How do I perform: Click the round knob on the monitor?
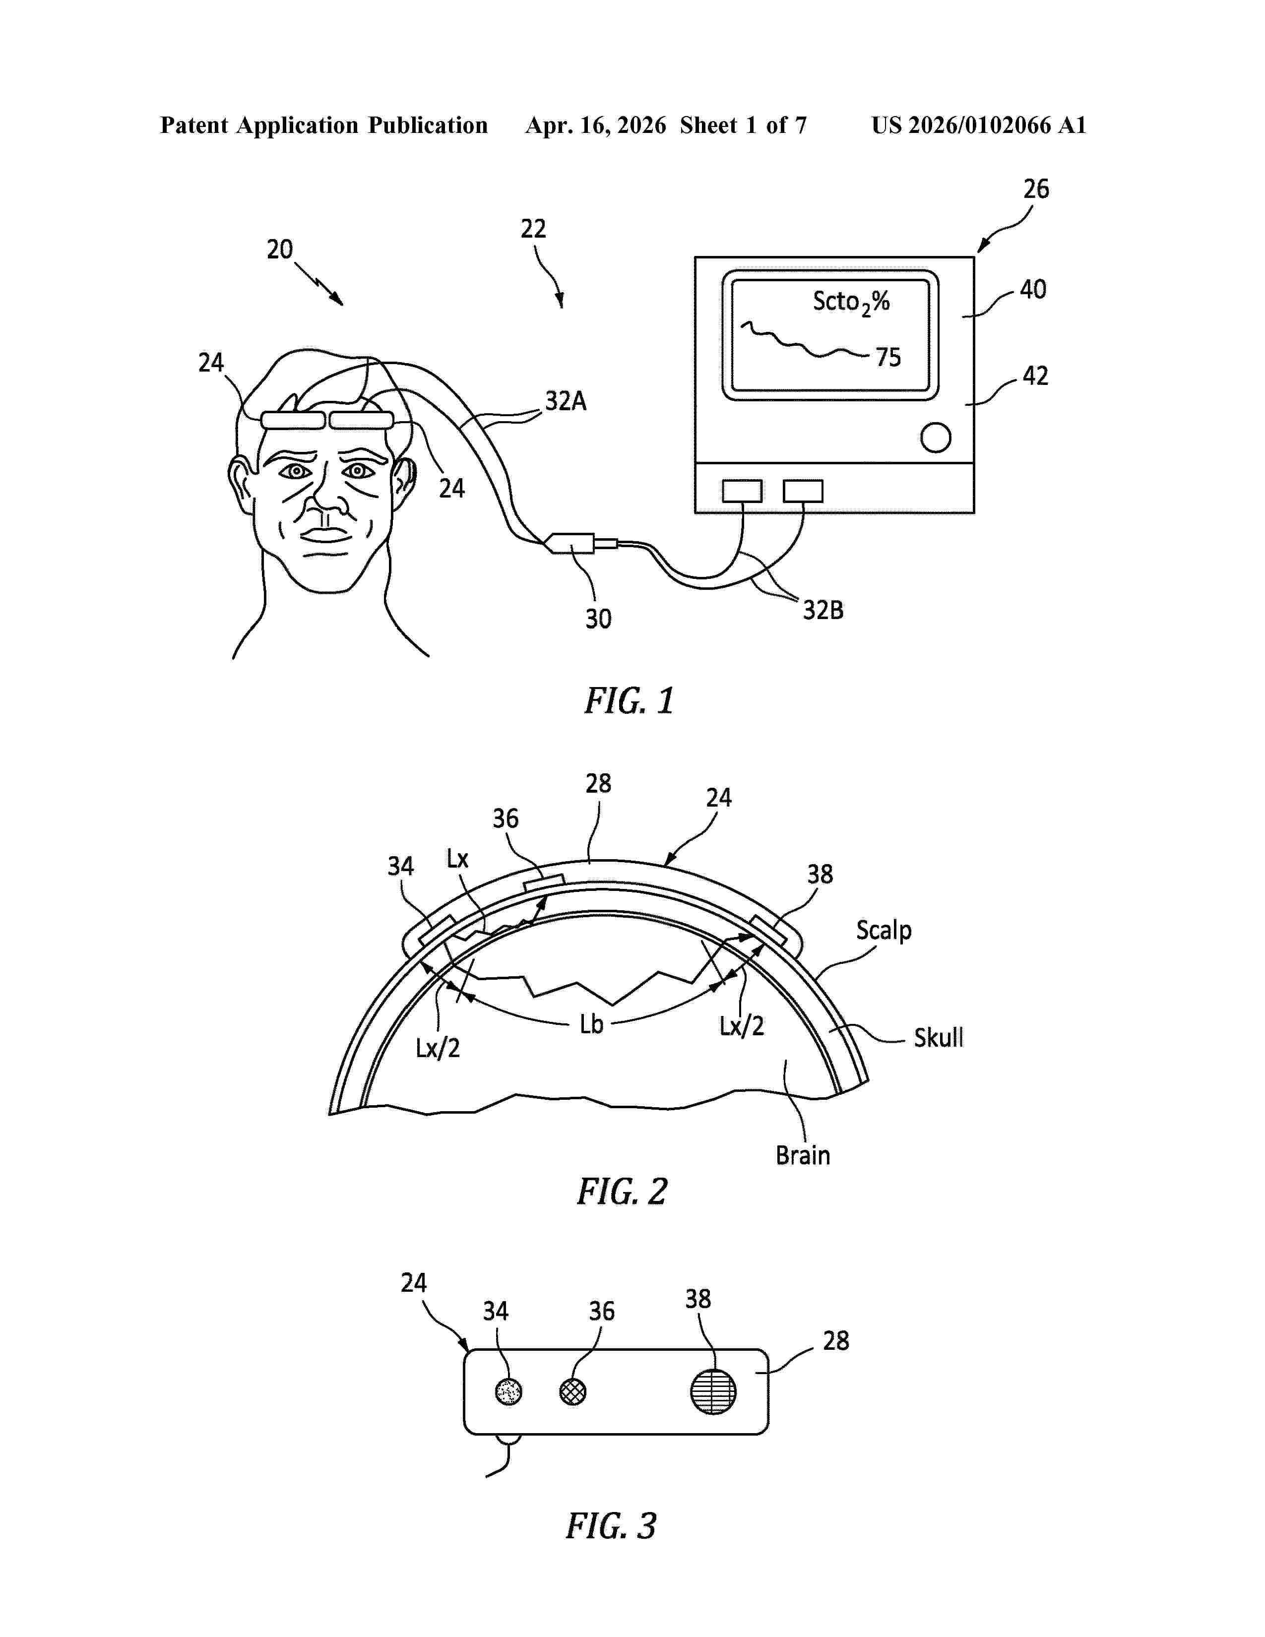click(x=935, y=438)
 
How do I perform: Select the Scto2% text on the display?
click(x=851, y=302)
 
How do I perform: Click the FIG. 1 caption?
click(x=630, y=701)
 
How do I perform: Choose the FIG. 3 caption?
click(x=611, y=1525)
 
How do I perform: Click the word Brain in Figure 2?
click(x=803, y=1155)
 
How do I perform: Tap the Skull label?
click(x=938, y=1037)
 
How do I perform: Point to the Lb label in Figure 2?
click(x=591, y=1024)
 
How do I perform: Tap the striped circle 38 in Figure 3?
click(x=713, y=1391)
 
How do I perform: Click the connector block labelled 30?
click(x=572, y=543)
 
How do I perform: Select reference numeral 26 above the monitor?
click(x=1036, y=189)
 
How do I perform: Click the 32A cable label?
click(x=566, y=401)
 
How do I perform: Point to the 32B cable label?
click(x=823, y=610)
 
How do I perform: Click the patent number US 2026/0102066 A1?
click(x=979, y=125)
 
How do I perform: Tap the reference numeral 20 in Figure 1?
click(x=279, y=249)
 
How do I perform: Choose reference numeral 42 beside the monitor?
click(x=1035, y=376)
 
